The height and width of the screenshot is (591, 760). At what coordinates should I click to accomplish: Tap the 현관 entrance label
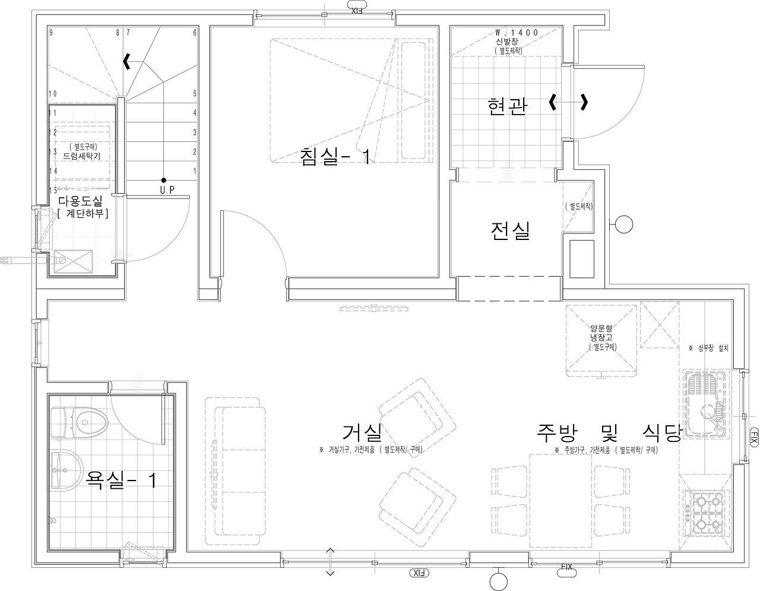point(506,106)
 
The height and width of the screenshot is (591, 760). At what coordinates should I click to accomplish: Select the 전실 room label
point(510,230)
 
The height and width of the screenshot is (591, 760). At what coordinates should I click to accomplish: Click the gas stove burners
point(705,513)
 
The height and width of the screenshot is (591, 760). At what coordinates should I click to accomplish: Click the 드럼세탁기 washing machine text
point(82,156)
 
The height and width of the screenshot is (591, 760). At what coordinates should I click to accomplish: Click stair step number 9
point(52,33)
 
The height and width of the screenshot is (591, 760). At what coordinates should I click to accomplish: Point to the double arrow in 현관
point(569,102)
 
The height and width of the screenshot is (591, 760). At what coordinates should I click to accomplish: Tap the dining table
point(560,500)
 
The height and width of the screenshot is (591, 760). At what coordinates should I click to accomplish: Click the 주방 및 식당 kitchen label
point(609,432)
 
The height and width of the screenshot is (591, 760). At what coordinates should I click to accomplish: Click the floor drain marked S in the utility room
point(62,259)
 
